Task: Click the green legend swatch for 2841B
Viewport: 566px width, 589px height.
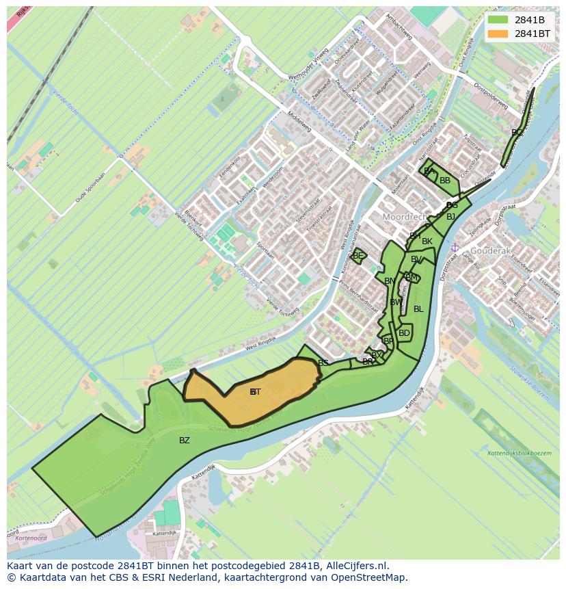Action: [x=498, y=20]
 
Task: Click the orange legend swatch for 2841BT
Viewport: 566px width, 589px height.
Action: [x=498, y=34]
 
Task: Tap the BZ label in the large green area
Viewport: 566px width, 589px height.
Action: [x=185, y=441]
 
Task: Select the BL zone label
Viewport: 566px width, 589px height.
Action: [x=418, y=309]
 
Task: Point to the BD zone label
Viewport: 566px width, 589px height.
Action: [x=404, y=333]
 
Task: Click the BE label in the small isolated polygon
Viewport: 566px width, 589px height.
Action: [x=358, y=256]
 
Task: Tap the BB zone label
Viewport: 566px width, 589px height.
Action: [x=445, y=181]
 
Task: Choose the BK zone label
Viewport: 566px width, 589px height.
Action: [x=427, y=241]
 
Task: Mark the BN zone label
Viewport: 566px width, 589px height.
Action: [x=390, y=281]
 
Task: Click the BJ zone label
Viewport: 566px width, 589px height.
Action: [x=450, y=217]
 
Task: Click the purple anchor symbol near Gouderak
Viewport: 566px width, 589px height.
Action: [x=455, y=247]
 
